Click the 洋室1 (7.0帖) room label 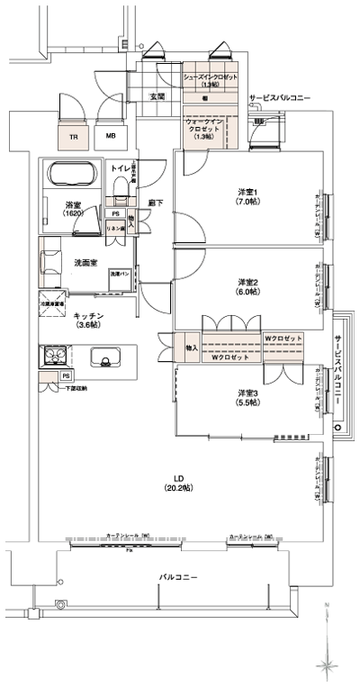point(247,195)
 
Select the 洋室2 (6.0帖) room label point(248,285)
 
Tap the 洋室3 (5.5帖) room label point(250,397)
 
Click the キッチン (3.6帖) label point(90,321)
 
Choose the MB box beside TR point(111,137)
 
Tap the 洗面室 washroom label point(85,262)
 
